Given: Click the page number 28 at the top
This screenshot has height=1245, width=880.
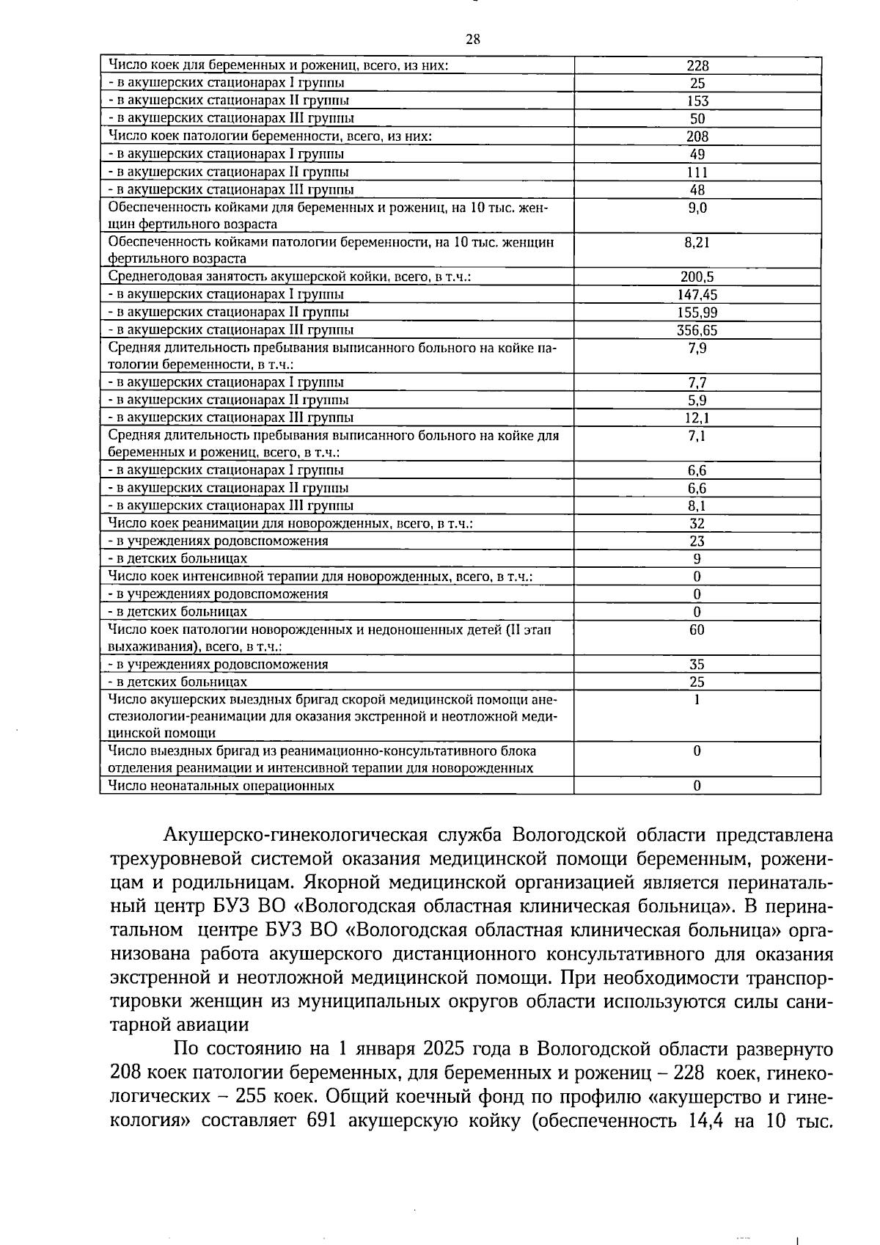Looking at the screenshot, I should tap(473, 40).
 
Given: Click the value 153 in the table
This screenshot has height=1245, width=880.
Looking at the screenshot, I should tap(697, 101).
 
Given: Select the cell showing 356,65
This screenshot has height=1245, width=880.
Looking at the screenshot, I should tap(697, 330).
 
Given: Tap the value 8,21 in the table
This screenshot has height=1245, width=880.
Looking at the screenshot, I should tap(697, 242).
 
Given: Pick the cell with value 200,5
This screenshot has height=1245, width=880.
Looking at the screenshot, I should tap(697, 277).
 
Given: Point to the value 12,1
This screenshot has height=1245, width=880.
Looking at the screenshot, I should tap(697, 418).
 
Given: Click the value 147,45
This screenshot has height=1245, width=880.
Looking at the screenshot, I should tap(697, 295).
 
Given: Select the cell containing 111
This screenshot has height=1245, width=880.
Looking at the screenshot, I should tap(697, 172).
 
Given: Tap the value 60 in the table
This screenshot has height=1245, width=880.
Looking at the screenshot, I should tap(697, 630).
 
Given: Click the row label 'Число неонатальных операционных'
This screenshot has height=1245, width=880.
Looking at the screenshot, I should tap(221, 786).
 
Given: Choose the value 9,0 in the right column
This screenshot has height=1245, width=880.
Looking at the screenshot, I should tap(697, 208).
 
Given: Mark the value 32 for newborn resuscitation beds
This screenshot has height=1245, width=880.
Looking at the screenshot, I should tap(697, 524).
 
